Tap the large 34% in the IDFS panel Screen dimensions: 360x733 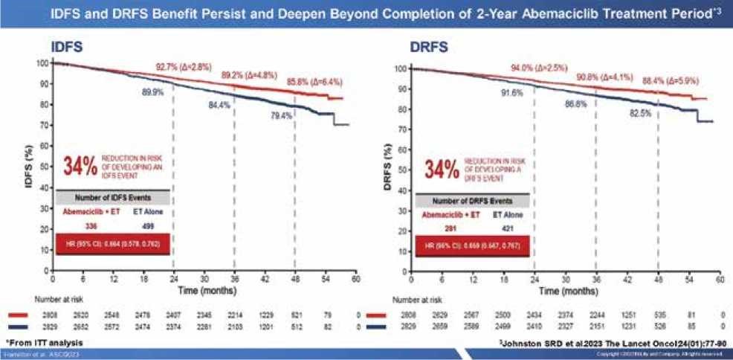(80, 167)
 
